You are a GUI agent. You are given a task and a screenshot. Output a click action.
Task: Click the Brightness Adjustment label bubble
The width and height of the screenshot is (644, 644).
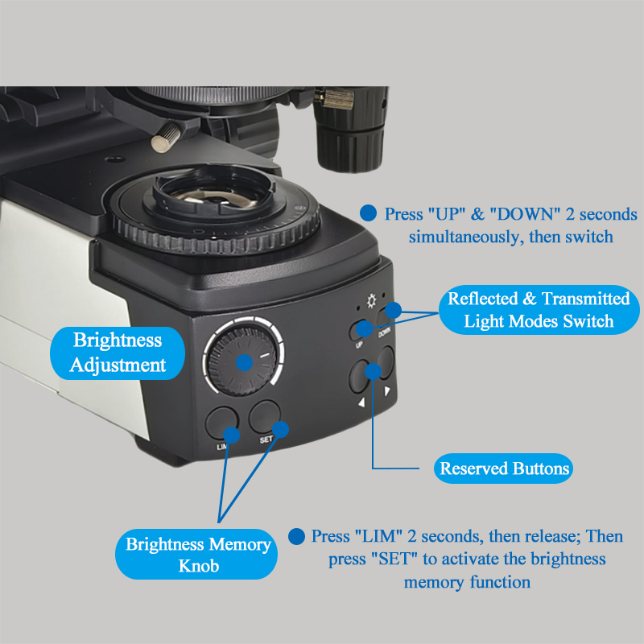point(118,353)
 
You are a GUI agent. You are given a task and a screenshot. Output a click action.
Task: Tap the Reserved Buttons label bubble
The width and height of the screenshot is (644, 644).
point(503,469)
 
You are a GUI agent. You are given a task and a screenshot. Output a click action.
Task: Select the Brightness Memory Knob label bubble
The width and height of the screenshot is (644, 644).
point(196,554)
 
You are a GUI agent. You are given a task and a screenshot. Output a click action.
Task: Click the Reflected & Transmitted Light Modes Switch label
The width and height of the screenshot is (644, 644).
point(539,310)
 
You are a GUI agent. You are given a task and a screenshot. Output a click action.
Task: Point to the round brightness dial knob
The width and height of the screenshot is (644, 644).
point(242,361)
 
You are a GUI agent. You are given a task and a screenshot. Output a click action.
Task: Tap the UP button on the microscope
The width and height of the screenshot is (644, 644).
point(358,331)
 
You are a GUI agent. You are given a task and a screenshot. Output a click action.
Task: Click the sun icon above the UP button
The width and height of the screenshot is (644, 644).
point(371,300)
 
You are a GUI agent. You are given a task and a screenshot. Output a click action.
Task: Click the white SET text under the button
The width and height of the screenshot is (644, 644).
point(266,440)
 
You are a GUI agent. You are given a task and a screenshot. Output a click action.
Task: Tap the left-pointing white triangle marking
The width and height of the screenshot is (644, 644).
point(361,402)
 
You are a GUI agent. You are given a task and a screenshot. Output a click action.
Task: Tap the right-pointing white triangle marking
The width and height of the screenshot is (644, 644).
point(387,390)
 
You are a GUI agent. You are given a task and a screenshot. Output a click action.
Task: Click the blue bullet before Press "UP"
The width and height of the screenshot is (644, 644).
point(368,213)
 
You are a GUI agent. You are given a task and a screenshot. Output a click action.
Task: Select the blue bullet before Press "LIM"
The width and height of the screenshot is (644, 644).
point(296,536)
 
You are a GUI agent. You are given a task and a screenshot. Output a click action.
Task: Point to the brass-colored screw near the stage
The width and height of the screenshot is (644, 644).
point(167,137)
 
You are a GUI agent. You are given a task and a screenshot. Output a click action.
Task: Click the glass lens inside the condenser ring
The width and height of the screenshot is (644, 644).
point(213,194)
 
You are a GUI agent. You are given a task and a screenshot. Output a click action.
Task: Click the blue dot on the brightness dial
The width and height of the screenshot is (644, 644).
point(244,362)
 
